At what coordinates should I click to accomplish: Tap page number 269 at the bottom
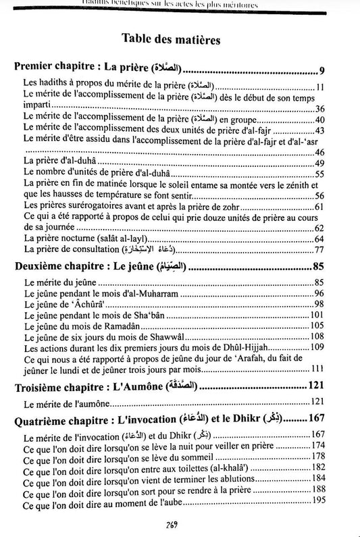180,528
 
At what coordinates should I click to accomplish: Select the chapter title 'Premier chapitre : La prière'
91,69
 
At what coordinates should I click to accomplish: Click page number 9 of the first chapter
322,70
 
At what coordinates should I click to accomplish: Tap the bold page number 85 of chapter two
319,265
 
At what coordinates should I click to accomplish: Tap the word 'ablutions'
228,478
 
